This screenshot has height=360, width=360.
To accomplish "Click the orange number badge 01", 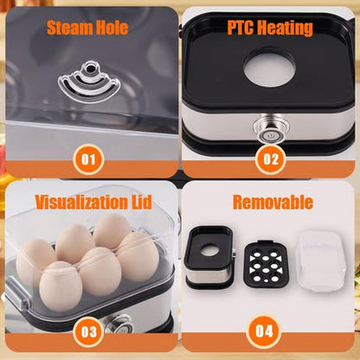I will (91, 159).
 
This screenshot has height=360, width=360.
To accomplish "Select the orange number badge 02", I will (270, 159).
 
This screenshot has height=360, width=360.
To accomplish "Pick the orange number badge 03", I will (91, 331).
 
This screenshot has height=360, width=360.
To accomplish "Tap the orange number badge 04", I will (270, 331).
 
